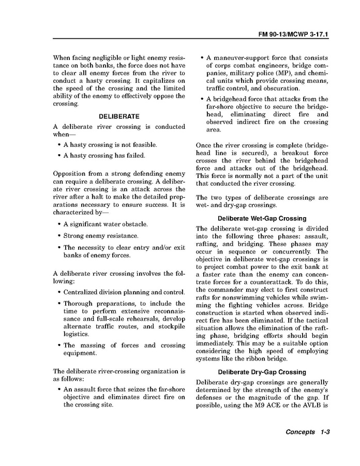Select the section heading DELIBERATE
click(119, 116)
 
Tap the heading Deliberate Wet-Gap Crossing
click(262, 218)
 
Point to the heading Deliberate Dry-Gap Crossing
click(262, 372)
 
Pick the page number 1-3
click(325, 432)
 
